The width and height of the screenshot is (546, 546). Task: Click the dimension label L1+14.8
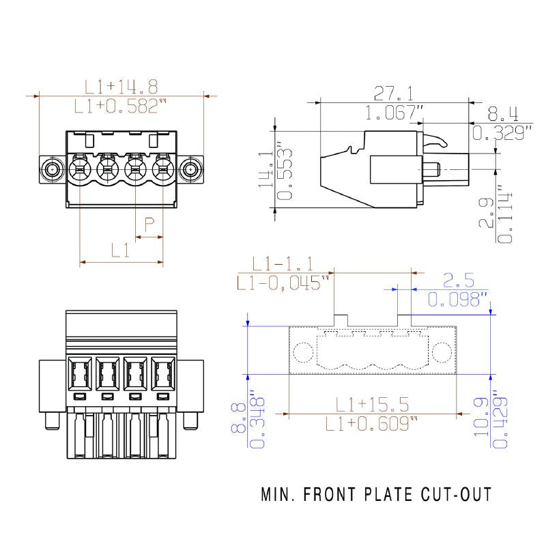(121, 87)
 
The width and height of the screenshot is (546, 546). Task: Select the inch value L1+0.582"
(121, 106)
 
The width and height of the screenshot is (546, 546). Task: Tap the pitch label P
(149, 224)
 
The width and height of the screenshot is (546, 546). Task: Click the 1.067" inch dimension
(394, 113)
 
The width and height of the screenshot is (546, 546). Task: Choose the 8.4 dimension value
(503, 113)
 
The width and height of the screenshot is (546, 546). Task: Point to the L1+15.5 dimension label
(372, 405)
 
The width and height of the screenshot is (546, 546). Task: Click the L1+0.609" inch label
(372, 424)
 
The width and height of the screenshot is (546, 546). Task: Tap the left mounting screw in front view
(53, 169)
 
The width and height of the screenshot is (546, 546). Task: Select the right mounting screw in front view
(191, 169)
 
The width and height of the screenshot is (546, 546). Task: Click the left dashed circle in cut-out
(302, 351)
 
